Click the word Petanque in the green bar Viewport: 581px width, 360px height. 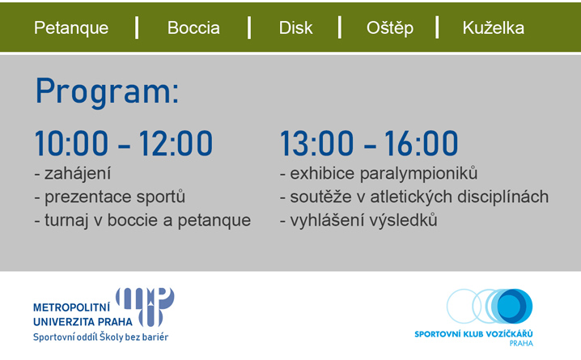coord(71,28)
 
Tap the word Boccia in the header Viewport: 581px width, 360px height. coord(193,28)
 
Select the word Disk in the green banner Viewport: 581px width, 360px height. coord(295,28)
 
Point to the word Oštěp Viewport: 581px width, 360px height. coord(390,28)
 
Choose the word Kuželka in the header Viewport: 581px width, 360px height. coord(493,28)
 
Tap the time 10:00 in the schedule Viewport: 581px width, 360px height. coord(71,143)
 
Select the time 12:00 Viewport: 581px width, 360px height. coord(176,143)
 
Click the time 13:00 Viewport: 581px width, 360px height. coord(317,143)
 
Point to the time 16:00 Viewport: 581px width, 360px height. coord(422,143)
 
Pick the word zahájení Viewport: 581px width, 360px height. coord(78,174)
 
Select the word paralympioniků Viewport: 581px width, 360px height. coord(418,174)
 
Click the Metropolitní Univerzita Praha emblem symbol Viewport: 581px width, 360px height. coord(146,307)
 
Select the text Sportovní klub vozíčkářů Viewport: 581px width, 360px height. coord(473,333)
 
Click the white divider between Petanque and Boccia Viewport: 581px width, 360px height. coord(137,28)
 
